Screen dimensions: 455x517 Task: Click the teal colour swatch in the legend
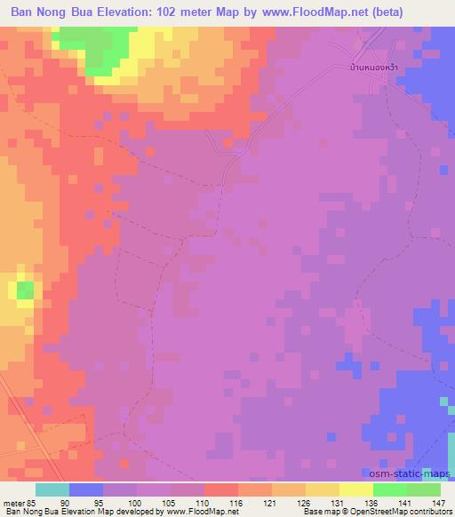click(53, 489)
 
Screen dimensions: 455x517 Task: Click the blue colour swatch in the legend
click(87, 489)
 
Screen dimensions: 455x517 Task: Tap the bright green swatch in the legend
click(389, 489)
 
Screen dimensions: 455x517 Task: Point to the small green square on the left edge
click(24, 290)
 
